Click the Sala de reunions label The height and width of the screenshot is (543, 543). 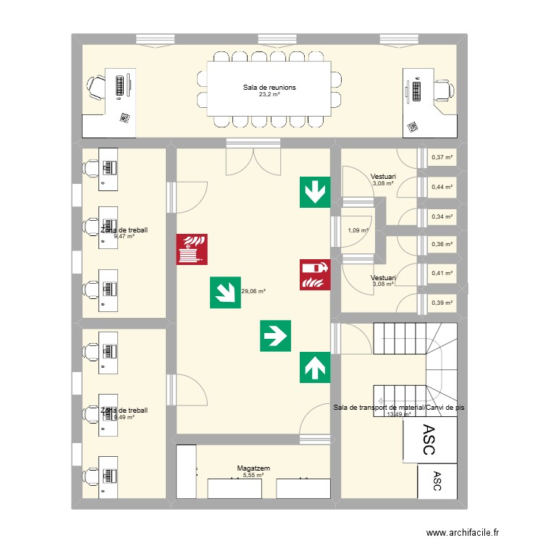[x=269, y=88]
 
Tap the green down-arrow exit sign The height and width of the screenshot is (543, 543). [x=315, y=192]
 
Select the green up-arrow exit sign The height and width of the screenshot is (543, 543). [x=315, y=368]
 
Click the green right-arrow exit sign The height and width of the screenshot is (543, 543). [x=276, y=336]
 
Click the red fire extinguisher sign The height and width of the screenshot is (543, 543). [x=315, y=274]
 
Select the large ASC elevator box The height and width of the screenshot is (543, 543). [x=429, y=439]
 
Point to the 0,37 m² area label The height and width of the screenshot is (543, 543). [x=442, y=157]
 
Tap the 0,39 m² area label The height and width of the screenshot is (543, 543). [x=442, y=303]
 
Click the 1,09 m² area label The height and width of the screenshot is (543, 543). [x=358, y=231]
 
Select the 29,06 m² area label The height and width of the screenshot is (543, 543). [x=253, y=292]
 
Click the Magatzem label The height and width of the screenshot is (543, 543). [x=253, y=469]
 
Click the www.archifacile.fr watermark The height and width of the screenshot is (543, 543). [x=463, y=532]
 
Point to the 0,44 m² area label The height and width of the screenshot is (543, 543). [x=442, y=187]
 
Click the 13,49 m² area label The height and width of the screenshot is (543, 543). [x=399, y=415]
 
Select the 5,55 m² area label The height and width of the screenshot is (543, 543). [x=253, y=476]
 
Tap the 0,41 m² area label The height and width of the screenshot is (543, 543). [x=442, y=274]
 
